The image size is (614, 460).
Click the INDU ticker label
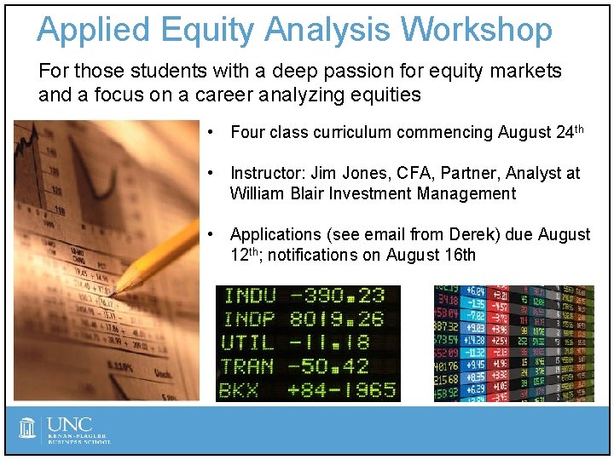coord(249,296)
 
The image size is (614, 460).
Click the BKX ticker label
coord(239,390)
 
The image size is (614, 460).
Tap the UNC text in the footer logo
coord(70,425)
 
